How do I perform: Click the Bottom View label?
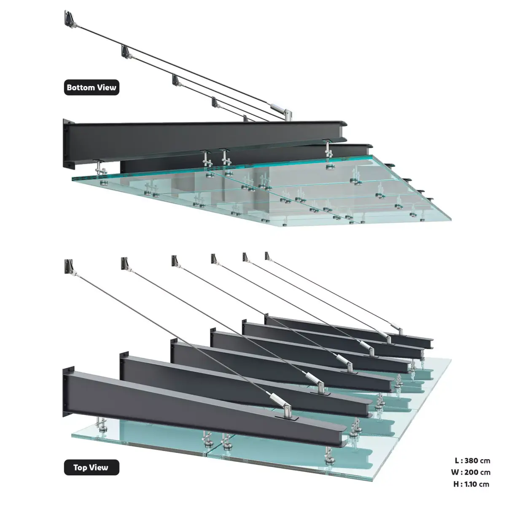click(92, 88)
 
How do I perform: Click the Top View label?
click(92, 467)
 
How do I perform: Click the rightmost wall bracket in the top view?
click(267, 256)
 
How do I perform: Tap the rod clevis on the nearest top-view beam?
click(287, 410)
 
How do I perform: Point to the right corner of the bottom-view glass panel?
click(450, 219)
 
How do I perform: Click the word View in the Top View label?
click(99, 467)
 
